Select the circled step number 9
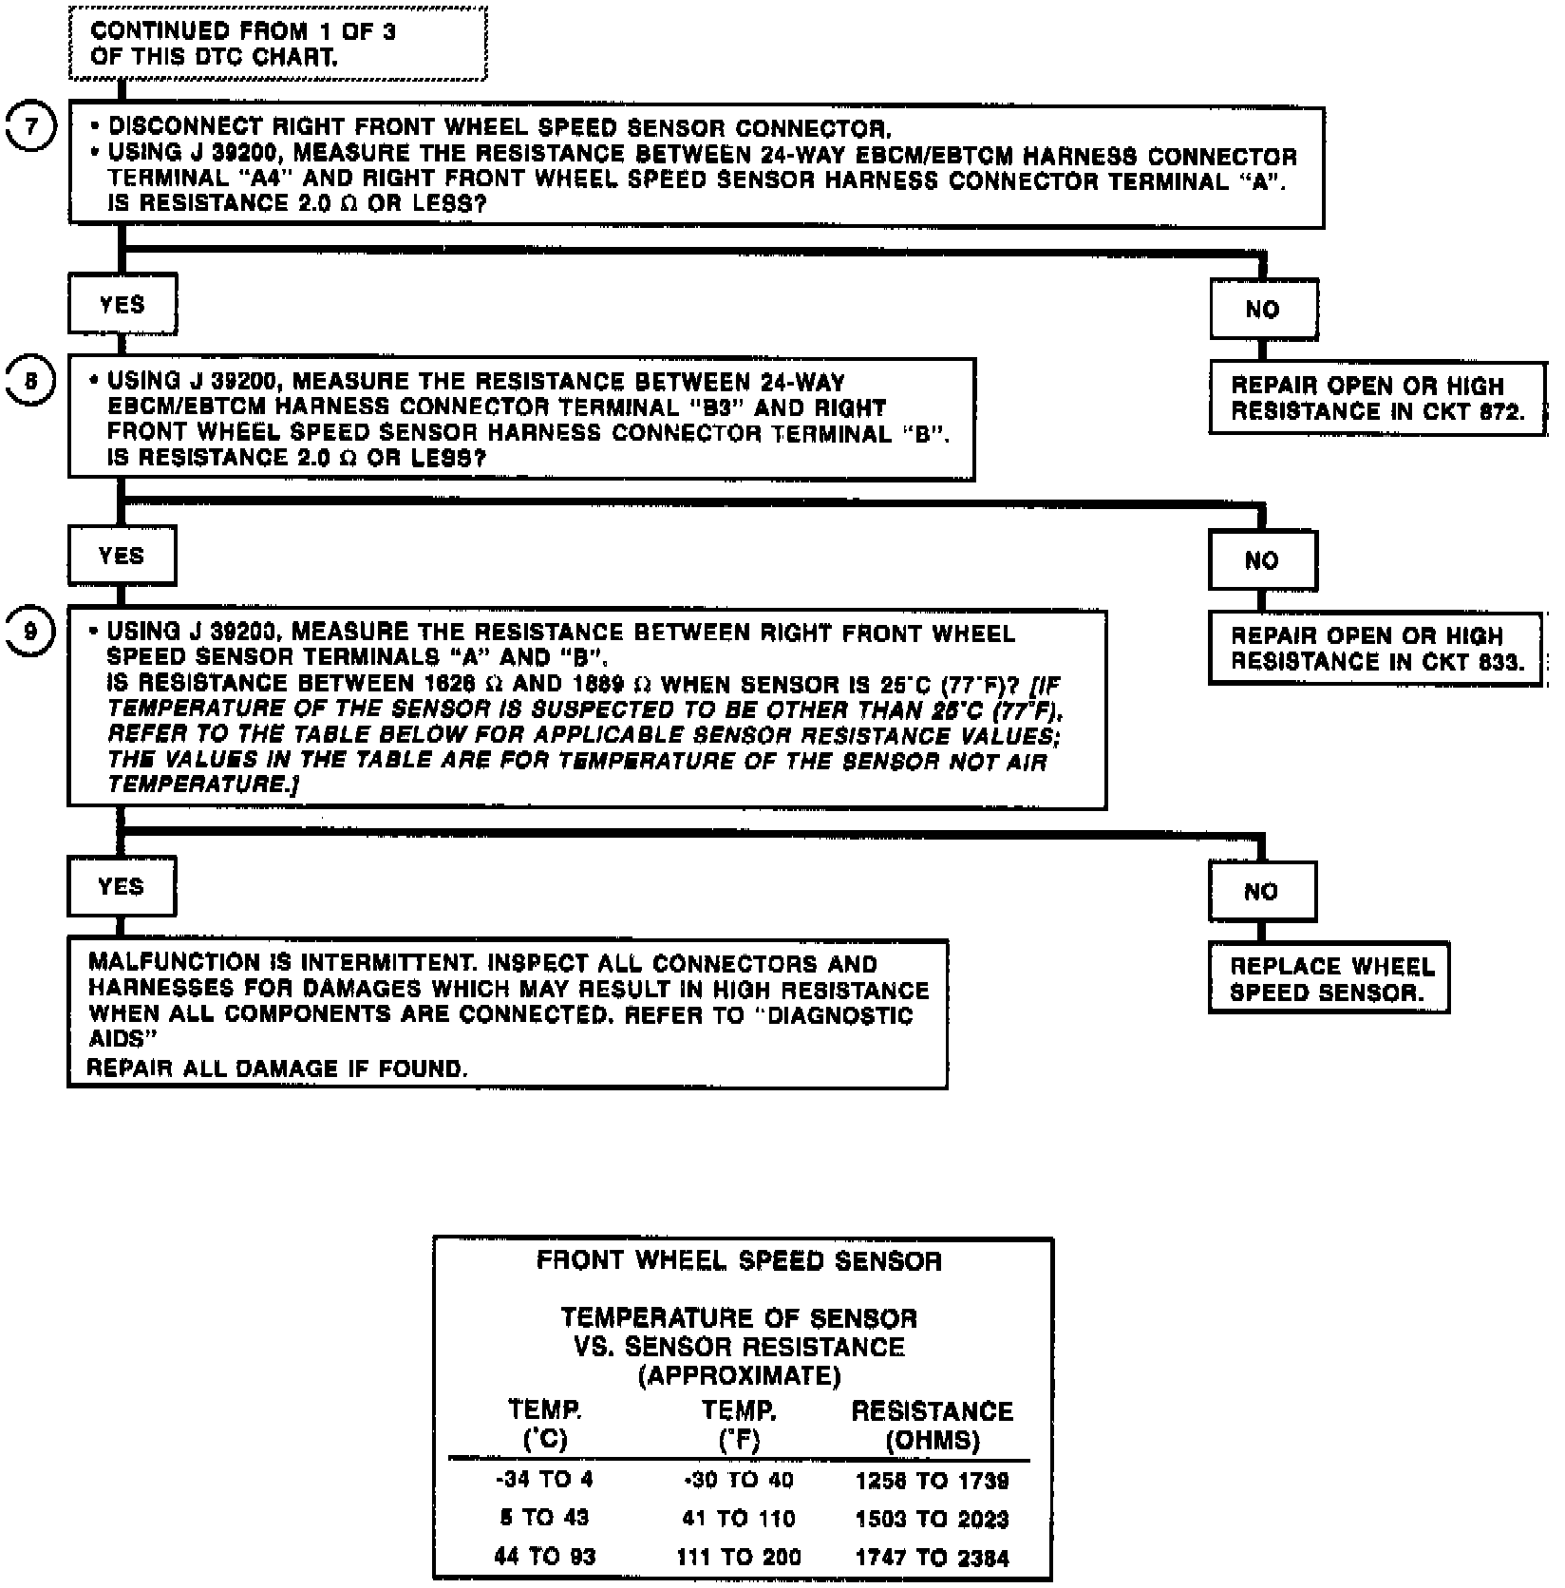(x=30, y=632)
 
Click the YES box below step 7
(x=123, y=305)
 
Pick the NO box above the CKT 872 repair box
(x=1263, y=309)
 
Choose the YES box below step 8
(x=122, y=556)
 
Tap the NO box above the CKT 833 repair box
(x=1262, y=560)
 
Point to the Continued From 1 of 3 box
(x=278, y=44)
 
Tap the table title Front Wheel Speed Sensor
(x=740, y=1260)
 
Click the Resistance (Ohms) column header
(x=933, y=1426)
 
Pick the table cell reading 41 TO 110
(x=738, y=1519)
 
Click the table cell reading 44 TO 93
(x=544, y=1557)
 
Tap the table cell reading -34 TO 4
(x=544, y=1480)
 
